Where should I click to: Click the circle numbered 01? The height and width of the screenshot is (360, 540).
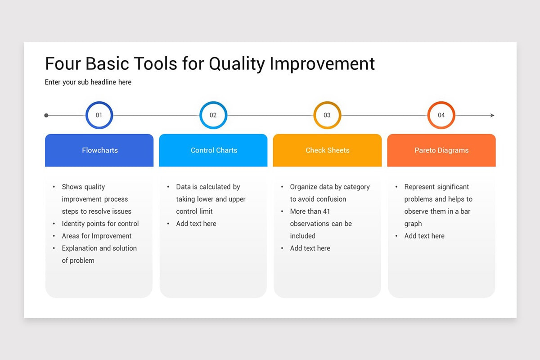(99, 115)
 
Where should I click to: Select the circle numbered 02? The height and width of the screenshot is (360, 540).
(213, 115)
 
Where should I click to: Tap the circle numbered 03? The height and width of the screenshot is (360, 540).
(327, 115)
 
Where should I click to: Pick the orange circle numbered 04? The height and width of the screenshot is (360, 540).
(441, 115)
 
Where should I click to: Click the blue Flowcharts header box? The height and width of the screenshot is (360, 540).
(99, 150)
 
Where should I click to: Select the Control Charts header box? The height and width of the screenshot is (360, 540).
(213, 150)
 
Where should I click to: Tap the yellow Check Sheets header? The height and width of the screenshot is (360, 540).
(327, 150)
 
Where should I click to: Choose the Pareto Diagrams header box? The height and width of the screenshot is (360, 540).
(441, 150)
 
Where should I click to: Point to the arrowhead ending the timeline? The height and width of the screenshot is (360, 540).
(492, 116)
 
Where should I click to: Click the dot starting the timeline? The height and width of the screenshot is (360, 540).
(46, 116)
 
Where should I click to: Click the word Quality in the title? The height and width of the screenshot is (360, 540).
(237, 64)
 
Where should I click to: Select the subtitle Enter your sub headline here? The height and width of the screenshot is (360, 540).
(88, 82)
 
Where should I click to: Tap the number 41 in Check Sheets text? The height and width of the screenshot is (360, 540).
(326, 211)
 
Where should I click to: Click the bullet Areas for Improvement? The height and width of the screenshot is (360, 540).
(97, 236)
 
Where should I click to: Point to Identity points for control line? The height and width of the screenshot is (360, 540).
(100, 224)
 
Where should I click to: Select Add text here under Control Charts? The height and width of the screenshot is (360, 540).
(196, 224)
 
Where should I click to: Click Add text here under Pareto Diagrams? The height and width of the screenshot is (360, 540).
(424, 236)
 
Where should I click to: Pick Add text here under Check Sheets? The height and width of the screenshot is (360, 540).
(310, 248)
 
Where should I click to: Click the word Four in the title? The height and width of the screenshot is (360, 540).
(63, 64)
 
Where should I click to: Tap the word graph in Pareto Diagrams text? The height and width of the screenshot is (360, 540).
(413, 224)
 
